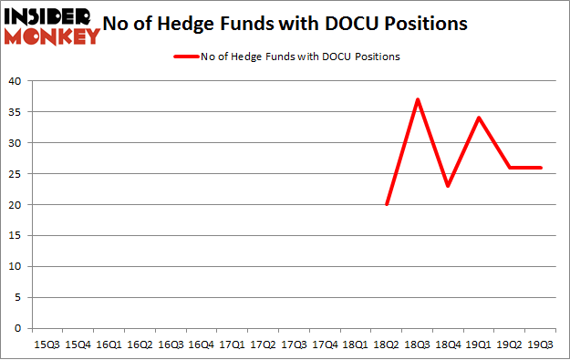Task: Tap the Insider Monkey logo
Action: [51, 26]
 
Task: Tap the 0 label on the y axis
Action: [18, 328]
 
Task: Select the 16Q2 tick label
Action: [140, 345]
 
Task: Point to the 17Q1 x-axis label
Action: [233, 345]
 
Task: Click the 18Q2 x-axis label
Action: [387, 345]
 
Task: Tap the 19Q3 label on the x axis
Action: [542, 345]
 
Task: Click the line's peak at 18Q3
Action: [418, 99]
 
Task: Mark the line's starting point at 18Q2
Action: [387, 204]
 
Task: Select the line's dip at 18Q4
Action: [449, 186]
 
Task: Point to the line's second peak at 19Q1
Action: [480, 118]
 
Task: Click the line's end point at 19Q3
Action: [542, 167]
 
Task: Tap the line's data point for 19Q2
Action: [511, 167]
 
